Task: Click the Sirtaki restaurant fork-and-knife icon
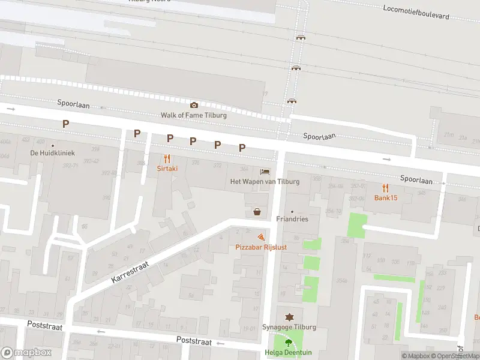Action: (167, 159)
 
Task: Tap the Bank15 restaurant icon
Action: (386, 188)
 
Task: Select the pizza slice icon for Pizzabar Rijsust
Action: (260, 238)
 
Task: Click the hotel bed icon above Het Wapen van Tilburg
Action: (265, 172)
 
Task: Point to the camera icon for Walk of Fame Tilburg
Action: (194, 106)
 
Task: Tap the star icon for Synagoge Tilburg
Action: (289, 317)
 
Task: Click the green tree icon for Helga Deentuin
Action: (289, 343)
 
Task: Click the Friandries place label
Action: (292, 219)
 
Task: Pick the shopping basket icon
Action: (257, 211)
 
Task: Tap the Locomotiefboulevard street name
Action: (424, 11)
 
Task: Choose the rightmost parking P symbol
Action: (242, 147)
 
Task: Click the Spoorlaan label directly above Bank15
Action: (416, 179)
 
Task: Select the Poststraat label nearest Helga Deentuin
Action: (194, 341)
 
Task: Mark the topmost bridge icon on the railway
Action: (300, 37)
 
